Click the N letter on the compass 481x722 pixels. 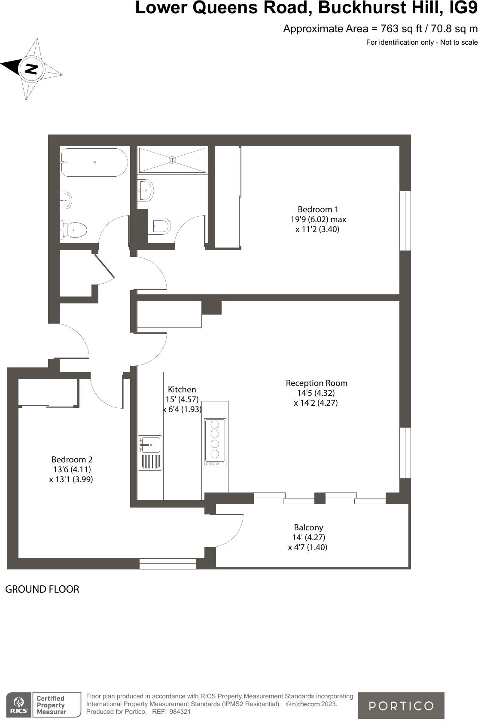click(31, 69)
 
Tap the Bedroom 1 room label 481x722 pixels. click(318, 210)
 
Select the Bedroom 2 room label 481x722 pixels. click(72, 460)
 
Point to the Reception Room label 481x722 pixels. click(317, 383)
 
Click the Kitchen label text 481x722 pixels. click(182, 390)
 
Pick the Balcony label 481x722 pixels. click(308, 528)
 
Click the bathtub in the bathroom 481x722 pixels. click(94, 162)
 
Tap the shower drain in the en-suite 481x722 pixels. click(172, 160)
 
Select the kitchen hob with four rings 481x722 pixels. click(215, 442)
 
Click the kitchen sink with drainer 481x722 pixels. click(150, 453)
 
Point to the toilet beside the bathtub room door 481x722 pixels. click(74, 230)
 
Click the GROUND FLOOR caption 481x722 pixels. click(42, 589)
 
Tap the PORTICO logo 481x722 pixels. click(401, 706)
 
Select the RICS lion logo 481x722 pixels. click(18, 705)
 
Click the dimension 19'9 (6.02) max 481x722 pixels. click(318, 220)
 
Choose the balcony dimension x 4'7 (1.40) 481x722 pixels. click(307, 548)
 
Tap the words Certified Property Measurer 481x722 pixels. click(52, 705)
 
